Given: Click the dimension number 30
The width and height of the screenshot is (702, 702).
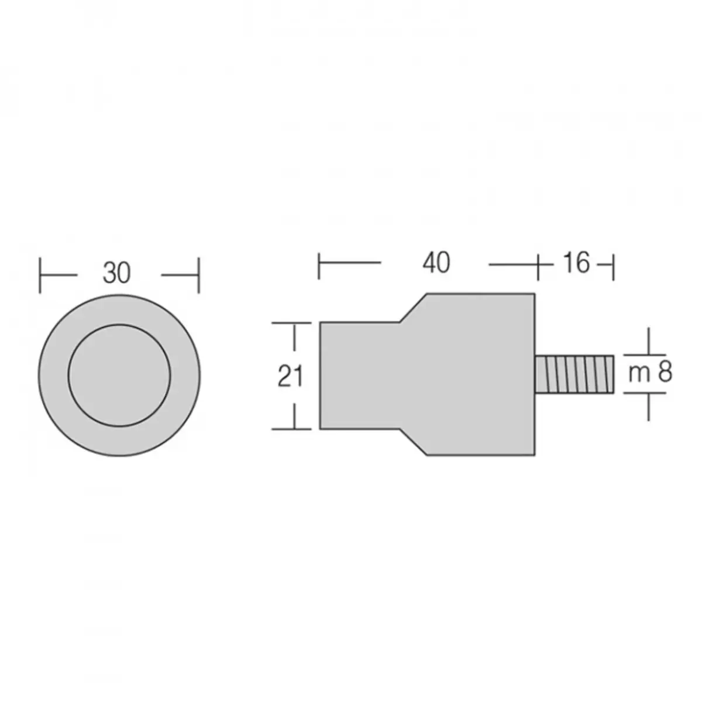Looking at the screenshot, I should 118,273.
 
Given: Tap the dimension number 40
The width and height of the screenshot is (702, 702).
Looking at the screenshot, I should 436,263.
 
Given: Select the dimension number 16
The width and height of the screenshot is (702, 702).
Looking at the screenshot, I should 576,263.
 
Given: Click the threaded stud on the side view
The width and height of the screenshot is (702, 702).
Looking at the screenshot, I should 574,374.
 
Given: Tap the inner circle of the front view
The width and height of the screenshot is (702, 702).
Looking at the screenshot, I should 120,374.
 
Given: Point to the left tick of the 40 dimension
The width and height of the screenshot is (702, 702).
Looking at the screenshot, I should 319,264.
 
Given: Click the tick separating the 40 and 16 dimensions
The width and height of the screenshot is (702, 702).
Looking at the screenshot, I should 538,264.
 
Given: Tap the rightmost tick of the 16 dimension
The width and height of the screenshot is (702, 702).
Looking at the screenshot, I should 613,264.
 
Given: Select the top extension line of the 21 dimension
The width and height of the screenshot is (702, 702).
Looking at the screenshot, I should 292,322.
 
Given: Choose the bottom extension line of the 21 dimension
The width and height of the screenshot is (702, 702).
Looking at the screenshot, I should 292,429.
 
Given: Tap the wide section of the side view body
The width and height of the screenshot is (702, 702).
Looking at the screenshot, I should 480,374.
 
